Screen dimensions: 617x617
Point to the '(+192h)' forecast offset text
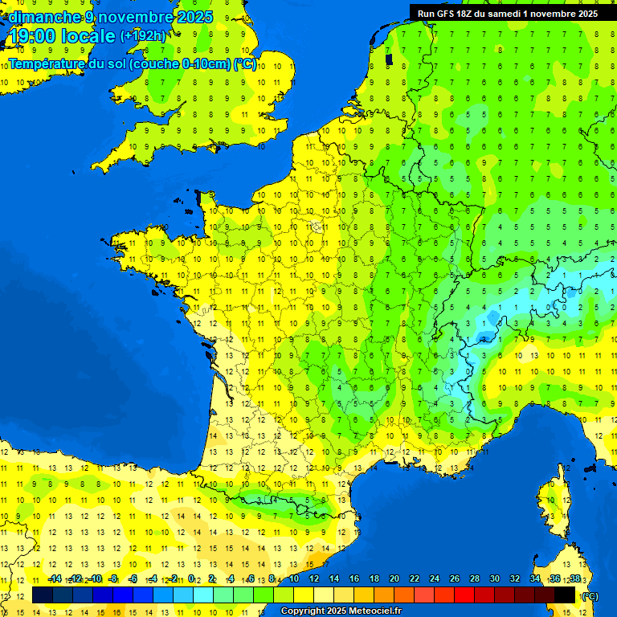tap(142, 36)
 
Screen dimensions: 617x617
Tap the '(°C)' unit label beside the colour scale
tap(590, 596)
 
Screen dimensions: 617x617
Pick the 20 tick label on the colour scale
tap(394, 578)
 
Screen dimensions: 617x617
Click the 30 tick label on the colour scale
tap(495, 578)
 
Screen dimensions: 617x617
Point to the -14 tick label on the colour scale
tap(55, 578)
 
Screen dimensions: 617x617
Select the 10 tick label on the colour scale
tap(294, 578)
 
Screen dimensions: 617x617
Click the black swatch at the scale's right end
tap(565, 595)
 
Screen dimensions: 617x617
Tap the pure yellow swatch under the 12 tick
tap(304, 595)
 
